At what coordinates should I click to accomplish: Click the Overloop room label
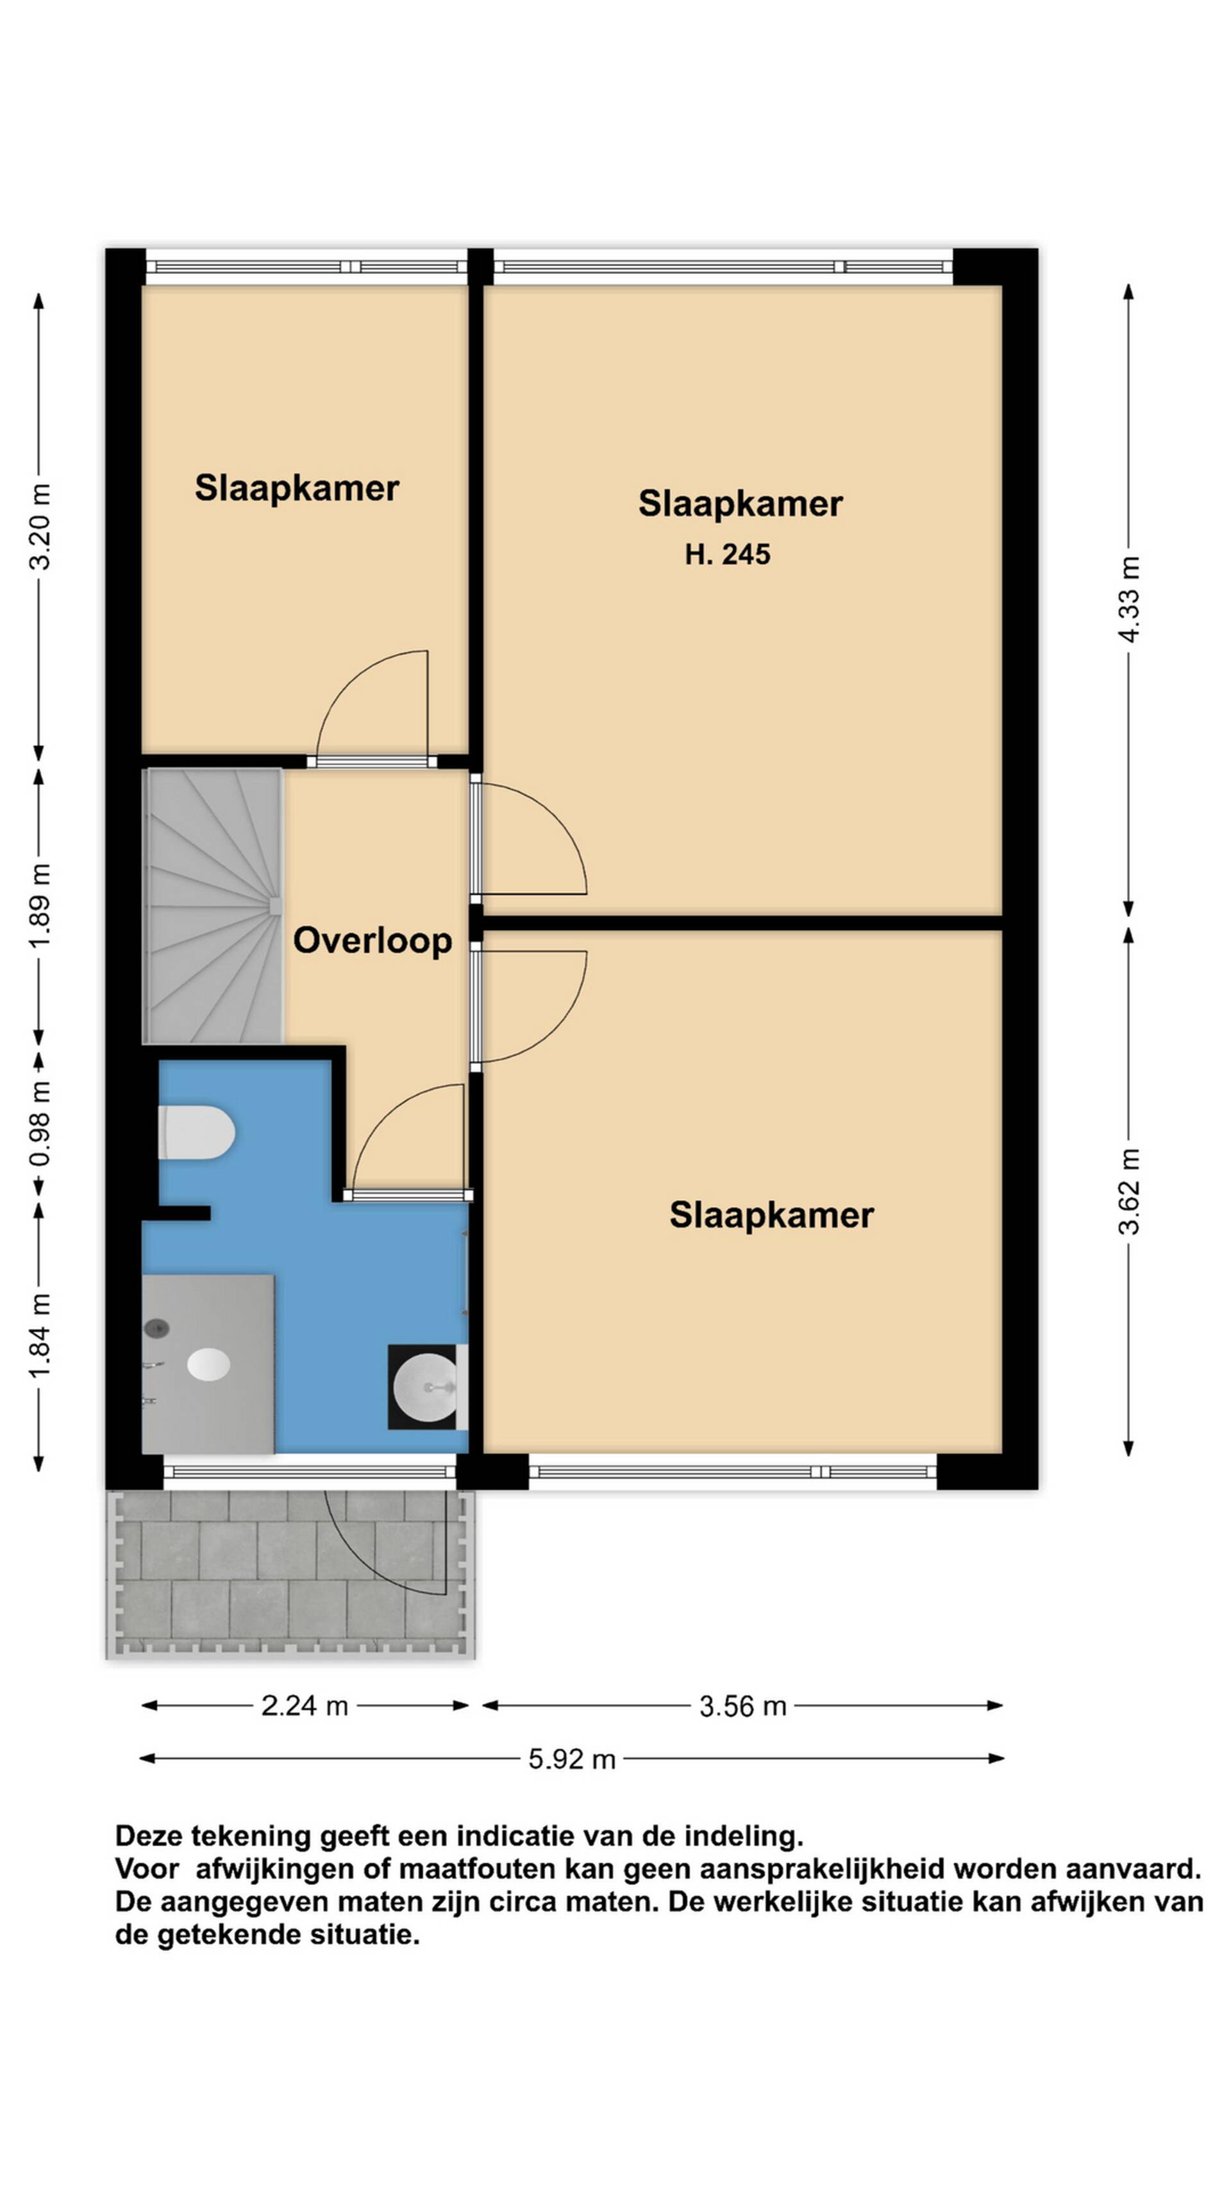(x=372, y=942)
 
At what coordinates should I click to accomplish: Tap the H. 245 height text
(x=727, y=555)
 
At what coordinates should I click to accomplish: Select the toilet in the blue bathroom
(x=196, y=1133)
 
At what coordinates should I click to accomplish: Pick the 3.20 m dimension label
(x=40, y=526)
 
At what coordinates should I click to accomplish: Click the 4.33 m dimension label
(x=1129, y=599)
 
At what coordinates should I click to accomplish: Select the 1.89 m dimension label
(x=40, y=905)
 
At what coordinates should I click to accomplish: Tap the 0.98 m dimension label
(x=40, y=1125)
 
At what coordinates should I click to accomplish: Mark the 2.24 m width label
(x=304, y=1705)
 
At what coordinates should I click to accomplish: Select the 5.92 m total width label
(x=572, y=1758)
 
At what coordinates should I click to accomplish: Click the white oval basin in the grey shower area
(x=208, y=1364)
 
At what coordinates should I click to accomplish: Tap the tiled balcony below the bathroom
(x=290, y=1574)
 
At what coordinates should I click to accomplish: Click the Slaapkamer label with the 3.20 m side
(x=296, y=489)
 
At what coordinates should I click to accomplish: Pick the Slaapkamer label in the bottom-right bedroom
(x=771, y=1215)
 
